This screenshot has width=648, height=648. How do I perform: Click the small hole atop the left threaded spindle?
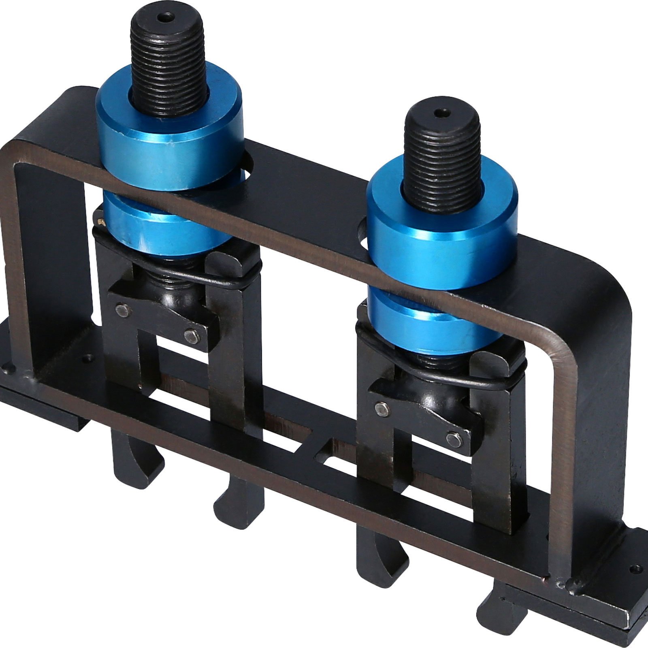click(x=166, y=17)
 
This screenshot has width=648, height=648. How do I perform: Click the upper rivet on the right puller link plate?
click(x=381, y=408)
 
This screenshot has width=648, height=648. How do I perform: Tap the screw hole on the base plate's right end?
click(x=637, y=569)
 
